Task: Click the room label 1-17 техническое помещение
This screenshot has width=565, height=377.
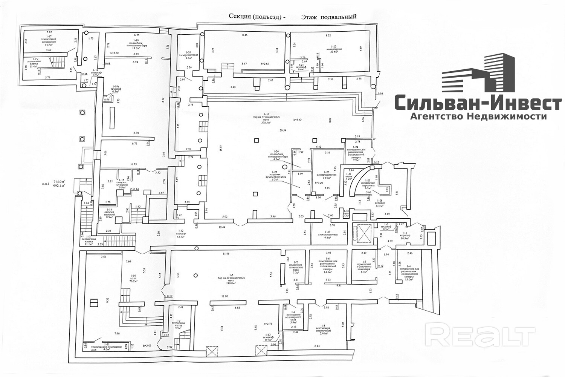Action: point(49,42)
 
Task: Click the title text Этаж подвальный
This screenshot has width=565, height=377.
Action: point(328,17)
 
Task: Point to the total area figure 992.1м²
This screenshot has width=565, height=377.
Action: point(58,185)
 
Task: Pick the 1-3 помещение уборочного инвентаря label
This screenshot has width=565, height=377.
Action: point(363,268)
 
